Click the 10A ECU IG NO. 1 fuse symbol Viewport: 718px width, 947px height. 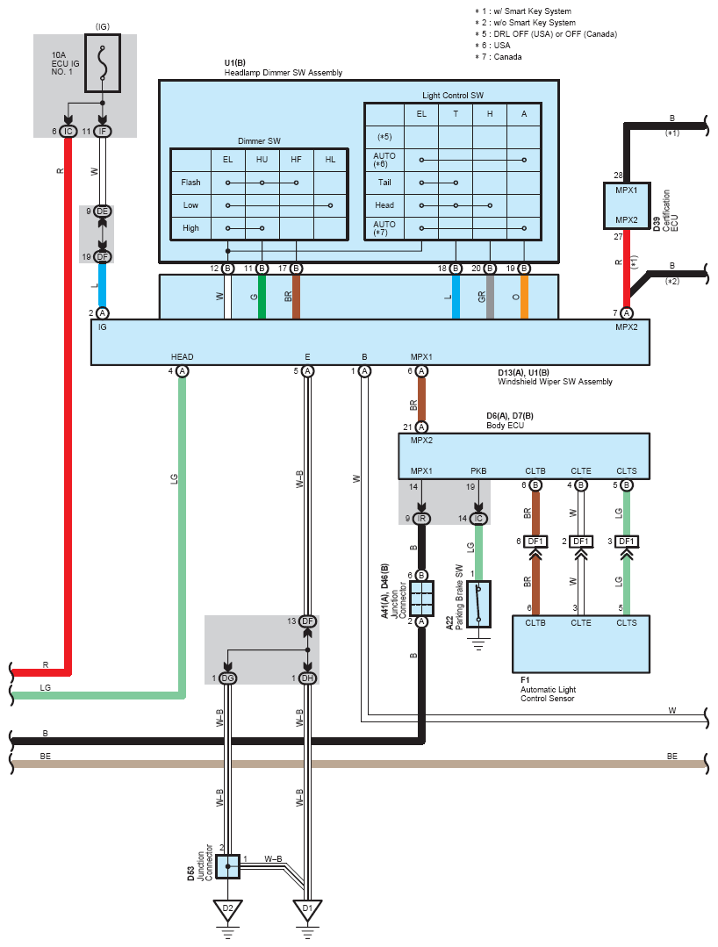click(103, 63)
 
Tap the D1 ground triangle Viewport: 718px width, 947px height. click(307, 910)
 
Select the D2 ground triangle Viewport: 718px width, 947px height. click(227, 910)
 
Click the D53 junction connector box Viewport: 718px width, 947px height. click(228, 866)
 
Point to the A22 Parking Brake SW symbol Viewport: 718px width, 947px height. click(479, 604)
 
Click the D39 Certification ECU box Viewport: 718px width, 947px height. click(627, 206)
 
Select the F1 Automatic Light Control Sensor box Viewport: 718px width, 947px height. click(581, 644)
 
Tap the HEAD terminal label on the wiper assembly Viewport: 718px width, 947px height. click(182, 357)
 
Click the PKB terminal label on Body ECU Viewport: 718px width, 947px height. click(478, 471)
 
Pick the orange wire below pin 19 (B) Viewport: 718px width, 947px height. click(524, 297)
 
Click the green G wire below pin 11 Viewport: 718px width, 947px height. click(262, 297)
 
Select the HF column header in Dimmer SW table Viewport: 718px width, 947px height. click(296, 160)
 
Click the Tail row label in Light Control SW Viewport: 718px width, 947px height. click(384, 183)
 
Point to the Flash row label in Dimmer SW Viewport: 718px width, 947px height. click(190, 183)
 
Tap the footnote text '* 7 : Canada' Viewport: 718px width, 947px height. click(499, 57)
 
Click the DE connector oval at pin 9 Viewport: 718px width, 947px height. click(103, 212)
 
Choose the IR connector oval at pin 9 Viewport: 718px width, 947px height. click(421, 518)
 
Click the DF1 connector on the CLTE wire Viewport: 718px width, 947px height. click(581, 542)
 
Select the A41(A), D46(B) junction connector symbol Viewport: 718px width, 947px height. click(421, 599)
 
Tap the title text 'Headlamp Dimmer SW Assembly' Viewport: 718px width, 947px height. click(284, 73)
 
